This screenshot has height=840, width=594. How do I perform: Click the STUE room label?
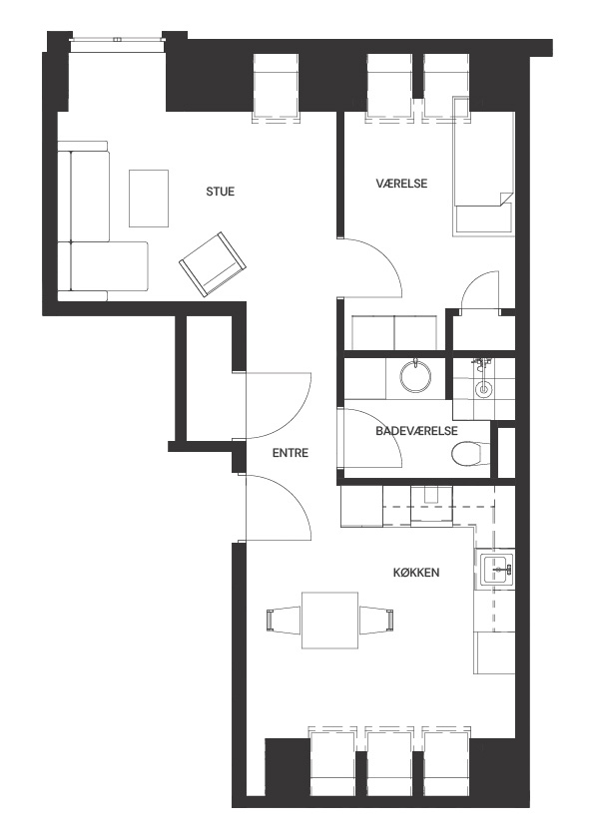click(x=221, y=192)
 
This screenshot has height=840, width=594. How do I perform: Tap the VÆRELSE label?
click(x=401, y=184)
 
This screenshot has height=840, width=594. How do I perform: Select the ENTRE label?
click(x=291, y=453)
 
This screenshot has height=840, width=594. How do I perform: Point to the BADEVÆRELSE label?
click(x=416, y=431)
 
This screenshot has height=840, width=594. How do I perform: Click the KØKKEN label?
click(x=416, y=573)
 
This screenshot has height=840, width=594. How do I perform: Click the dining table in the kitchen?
click(x=329, y=620)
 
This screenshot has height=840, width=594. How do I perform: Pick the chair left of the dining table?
click(x=284, y=620)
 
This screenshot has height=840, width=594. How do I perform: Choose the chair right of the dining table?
click(x=376, y=620)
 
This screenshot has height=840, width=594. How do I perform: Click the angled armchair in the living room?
click(x=213, y=264)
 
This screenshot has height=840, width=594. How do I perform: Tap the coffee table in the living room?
click(x=149, y=199)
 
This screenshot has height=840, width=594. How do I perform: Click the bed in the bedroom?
click(x=483, y=167)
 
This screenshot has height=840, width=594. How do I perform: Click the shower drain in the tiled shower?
click(x=483, y=389)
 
